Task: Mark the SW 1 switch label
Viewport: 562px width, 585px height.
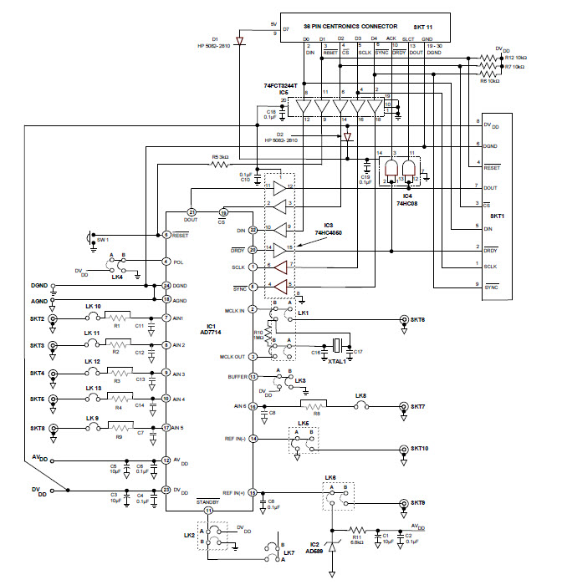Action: pyautogui.click(x=102, y=241)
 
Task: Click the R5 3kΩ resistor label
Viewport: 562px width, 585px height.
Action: pyautogui.click(x=220, y=155)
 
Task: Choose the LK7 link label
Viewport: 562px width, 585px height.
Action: pyautogui.click(x=289, y=553)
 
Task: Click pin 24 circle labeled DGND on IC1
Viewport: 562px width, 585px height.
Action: pyautogui.click(x=166, y=286)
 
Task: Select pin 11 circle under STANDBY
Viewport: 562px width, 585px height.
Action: pyautogui.click(x=209, y=510)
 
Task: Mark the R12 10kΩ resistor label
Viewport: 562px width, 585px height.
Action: pyautogui.click(x=516, y=57)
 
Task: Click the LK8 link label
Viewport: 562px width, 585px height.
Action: pyautogui.click(x=360, y=396)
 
